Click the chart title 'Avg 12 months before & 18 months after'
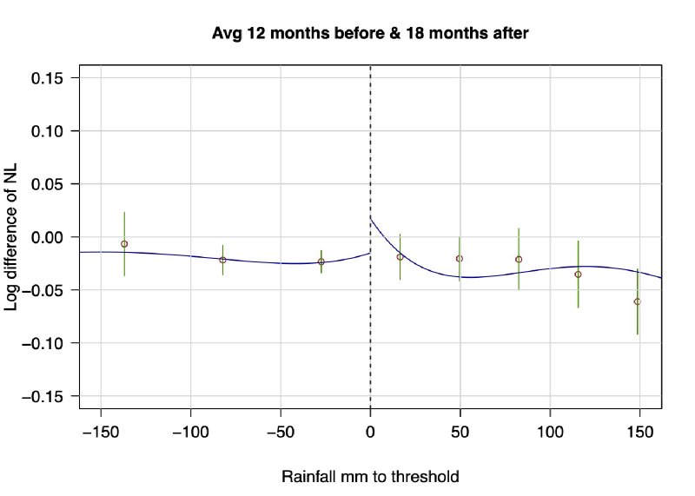(371, 34)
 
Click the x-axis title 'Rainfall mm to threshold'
(370, 477)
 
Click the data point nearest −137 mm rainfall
(124, 244)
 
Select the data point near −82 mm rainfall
(222, 260)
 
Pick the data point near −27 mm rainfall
(321, 261)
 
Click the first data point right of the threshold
(400, 257)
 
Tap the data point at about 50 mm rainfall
(460, 258)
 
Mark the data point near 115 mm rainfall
(578, 274)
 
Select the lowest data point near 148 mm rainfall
(637, 301)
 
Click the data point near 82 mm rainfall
(519, 259)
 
